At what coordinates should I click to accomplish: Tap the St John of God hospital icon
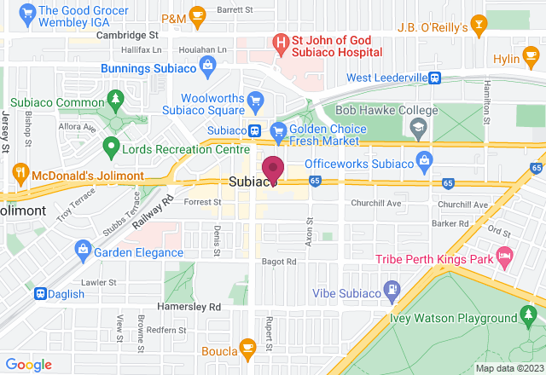(280, 41)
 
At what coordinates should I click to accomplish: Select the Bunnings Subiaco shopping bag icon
(207, 65)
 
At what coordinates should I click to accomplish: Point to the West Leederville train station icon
(435, 78)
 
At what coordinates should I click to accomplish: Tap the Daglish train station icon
(40, 293)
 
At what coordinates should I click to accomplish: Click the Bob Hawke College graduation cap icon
(417, 130)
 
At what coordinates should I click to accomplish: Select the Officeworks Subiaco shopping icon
(425, 161)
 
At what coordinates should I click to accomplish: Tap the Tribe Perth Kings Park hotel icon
(504, 256)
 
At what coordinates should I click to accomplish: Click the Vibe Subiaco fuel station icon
(392, 288)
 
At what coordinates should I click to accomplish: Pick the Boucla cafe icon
(247, 347)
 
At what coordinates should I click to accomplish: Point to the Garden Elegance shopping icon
(82, 249)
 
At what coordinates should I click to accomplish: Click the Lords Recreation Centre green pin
(109, 148)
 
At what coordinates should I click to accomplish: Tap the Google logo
(29, 364)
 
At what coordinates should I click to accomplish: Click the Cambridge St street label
(127, 36)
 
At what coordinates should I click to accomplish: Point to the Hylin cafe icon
(504, 60)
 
